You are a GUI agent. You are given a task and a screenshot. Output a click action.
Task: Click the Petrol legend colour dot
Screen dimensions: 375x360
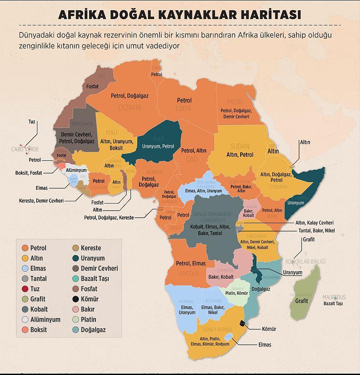click(x=25, y=248)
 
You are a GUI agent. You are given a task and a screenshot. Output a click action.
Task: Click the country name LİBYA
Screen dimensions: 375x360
click(x=184, y=108)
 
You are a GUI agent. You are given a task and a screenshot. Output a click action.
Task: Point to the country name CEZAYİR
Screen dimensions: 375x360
click(x=129, y=107)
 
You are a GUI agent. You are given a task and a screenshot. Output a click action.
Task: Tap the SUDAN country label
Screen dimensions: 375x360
click(x=240, y=147)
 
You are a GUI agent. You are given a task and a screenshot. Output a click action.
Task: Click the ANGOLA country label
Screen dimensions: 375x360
click(x=188, y=273)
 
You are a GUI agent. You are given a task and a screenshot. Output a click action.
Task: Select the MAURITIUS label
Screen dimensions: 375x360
click(x=334, y=297)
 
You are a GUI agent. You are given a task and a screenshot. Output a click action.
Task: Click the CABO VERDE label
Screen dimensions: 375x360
click(x=25, y=149)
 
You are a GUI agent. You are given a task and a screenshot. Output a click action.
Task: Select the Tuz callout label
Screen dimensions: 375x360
click(x=32, y=122)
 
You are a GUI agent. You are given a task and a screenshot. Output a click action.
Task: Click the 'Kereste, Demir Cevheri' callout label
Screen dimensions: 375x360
click(x=41, y=201)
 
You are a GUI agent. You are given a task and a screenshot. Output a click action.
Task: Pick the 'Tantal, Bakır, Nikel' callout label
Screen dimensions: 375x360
click(x=316, y=231)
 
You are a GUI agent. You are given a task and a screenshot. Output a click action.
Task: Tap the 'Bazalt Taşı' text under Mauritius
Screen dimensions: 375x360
click(x=333, y=304)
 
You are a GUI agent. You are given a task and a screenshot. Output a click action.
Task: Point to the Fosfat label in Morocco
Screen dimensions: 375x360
click(x=93, y=86)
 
